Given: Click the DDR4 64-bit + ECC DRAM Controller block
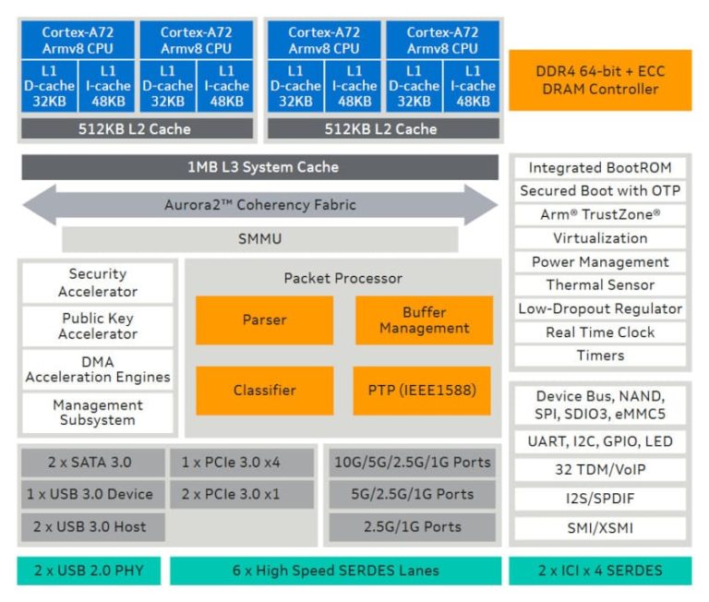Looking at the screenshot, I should click(x=600, y=80).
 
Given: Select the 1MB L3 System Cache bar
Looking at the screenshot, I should click(x=258, y=167).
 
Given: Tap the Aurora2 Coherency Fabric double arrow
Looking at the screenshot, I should click(x=259, y=205).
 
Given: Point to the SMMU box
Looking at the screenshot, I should click(x=259, y=239).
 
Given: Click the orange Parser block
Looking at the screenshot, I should click(x=264, y=319).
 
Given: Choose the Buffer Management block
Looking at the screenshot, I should click(x=424, y=319).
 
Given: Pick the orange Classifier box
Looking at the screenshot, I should click(x=264, y=390).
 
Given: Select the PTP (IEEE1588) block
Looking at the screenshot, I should click(x=424, y=390).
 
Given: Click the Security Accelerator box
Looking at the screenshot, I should click(x=98, y=283).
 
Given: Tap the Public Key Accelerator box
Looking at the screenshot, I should click(x=98, y=325).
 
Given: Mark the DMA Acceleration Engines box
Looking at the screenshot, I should click(x=98, y=368).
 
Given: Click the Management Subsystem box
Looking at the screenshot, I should click(x=98, y=412).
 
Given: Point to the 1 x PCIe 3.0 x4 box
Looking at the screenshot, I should click(x=243, y=463).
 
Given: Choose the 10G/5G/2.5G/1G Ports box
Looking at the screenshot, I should click(x=412, y=463).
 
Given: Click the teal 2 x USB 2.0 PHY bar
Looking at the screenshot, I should click(x=89, y=570).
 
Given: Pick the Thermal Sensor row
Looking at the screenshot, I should click(x=600, y=285).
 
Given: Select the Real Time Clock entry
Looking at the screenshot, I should click(x=600, y=332).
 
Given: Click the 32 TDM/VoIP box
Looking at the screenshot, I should click(x=600, y=469).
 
